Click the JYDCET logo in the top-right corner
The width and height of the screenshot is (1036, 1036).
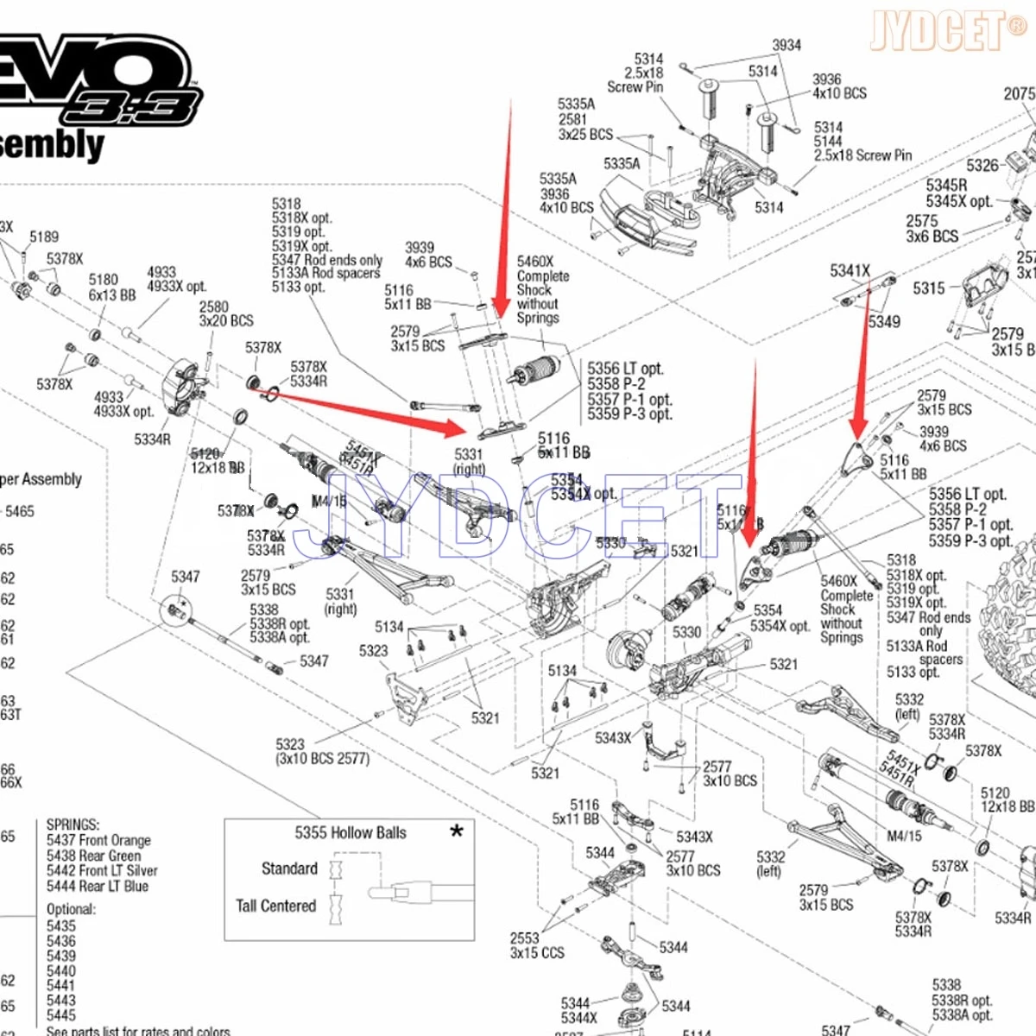tap(948, 31)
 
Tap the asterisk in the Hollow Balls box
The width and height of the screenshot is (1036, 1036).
tap(457, 831)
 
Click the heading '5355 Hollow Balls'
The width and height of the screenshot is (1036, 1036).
tap(351, 833)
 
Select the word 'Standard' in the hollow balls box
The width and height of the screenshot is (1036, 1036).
tap(289, 869)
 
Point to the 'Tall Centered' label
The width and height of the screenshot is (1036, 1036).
tap(276, 906)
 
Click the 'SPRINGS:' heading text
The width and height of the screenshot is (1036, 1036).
tap(73, 824)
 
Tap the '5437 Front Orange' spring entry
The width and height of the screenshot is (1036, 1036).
tap(98, 840)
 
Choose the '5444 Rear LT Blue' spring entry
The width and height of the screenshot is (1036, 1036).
tap(98, 887)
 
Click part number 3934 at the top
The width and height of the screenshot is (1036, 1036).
tap(786, 45)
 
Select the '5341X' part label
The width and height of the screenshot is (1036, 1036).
tap(850, 271)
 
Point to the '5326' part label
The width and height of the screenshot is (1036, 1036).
tap(982, 166)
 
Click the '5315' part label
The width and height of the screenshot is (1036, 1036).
tap(929, 288)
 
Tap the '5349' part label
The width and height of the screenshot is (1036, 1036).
tap(884, 322)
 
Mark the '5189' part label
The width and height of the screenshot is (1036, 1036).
tap(44, 237)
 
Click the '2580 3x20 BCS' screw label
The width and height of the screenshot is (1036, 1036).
tap(226, 314)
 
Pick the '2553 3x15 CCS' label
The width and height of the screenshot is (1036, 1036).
tap(537, 945)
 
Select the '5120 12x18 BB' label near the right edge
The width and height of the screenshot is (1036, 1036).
tap(1007, 799)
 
